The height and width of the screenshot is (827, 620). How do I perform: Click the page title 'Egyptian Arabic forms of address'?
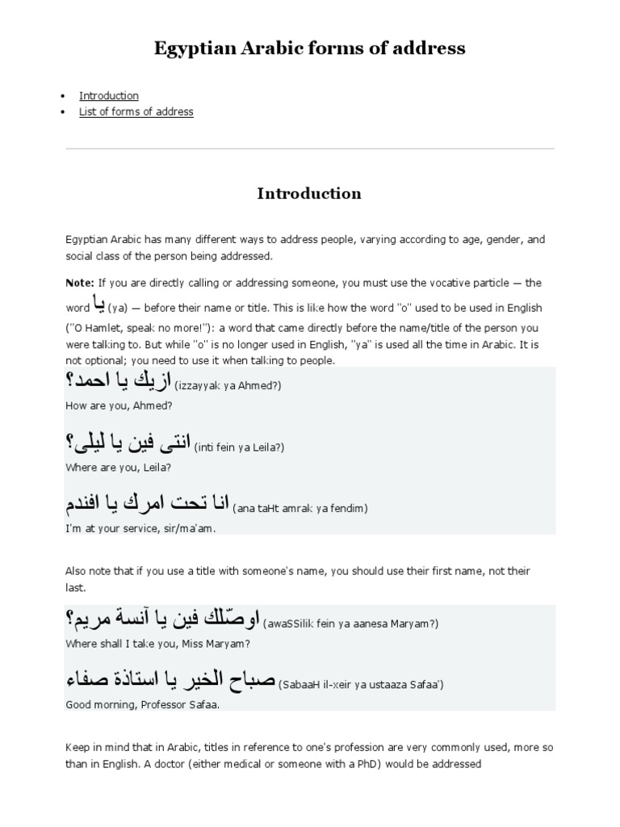(x=309, y=48)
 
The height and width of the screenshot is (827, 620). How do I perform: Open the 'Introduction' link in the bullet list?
(x=109, y=95)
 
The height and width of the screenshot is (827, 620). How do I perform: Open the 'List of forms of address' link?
(x=136, y=111)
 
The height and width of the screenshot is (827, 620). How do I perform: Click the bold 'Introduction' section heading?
(x=309, y=194)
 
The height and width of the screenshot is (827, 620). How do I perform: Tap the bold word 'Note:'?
(x=80, y=283)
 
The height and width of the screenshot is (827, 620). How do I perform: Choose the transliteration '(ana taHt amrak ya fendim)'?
(x=300, y=509)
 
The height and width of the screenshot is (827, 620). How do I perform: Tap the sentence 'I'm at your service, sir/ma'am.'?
(x=140, y=528)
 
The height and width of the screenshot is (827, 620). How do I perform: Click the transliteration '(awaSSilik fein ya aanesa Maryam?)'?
(x=351, y=623)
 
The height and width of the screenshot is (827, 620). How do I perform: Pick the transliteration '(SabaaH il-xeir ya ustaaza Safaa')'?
(x=361, y=685)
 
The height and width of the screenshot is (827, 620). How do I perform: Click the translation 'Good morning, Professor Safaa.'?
(x=142, y=704)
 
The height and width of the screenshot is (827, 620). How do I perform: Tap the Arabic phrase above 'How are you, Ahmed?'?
(x=118, y=381)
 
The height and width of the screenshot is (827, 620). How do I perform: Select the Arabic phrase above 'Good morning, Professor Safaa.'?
(x=170, y=680)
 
